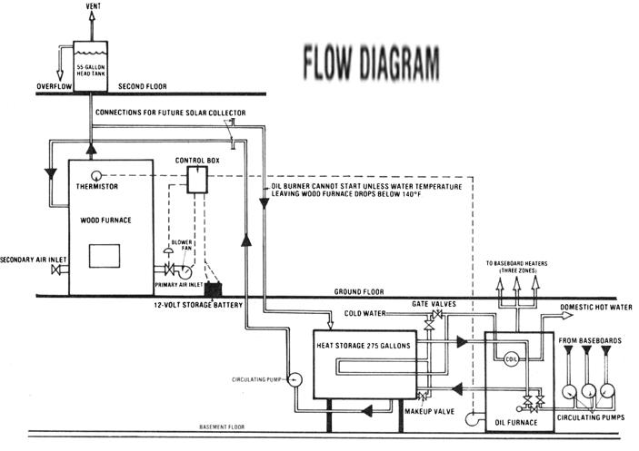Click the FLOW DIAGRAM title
tap(370, 63)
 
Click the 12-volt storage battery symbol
tap(215, 290)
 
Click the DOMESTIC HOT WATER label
tap(596, 308)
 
